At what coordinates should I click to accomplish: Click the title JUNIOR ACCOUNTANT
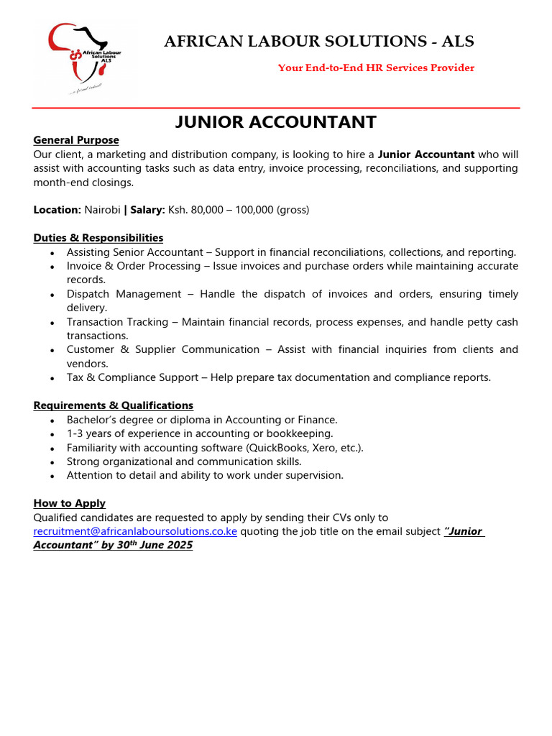point(276,122)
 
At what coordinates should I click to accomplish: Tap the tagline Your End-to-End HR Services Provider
point(376,68)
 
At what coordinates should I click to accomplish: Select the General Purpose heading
point(76,140)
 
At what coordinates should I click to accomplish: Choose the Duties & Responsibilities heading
point(98,238)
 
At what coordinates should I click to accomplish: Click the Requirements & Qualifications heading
point(114,406)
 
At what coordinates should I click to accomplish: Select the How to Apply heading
point(70,504)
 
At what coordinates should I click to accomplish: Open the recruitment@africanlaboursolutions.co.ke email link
point(135,532)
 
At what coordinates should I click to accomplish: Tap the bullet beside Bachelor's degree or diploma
point(52,420)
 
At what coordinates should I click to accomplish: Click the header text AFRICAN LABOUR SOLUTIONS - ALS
point(319,42)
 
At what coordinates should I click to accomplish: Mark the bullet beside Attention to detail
point(52,477)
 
